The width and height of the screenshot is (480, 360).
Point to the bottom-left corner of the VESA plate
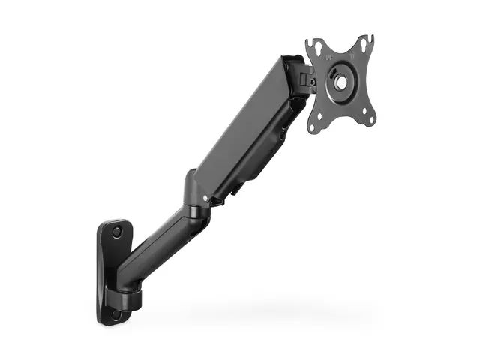[313, 127]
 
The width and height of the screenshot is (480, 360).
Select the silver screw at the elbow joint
[205, 198]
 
